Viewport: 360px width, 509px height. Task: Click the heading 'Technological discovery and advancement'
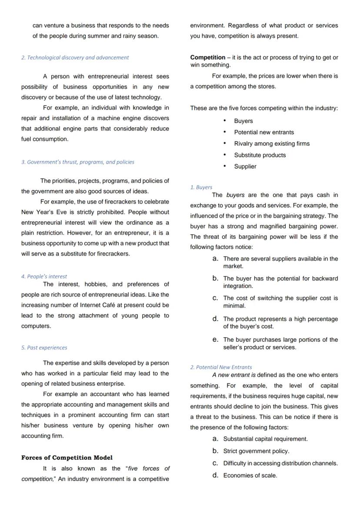(75, 57)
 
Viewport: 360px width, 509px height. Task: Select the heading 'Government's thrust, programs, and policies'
(78, 162)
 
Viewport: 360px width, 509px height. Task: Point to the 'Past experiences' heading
(44, 348)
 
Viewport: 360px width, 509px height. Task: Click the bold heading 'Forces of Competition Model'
(67, 458)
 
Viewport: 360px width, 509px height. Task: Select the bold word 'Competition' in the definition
(207, 57)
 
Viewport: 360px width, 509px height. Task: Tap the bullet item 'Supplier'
(245, 166)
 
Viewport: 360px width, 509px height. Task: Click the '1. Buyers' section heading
(201, 187)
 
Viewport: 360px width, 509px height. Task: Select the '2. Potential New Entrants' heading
(221, 367)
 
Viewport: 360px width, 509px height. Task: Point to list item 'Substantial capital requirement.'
(265, 439)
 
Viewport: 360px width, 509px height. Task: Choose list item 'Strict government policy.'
(256, 451)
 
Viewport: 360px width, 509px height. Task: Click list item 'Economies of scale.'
(250, 476)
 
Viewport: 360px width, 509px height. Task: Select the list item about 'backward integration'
(280, 282)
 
